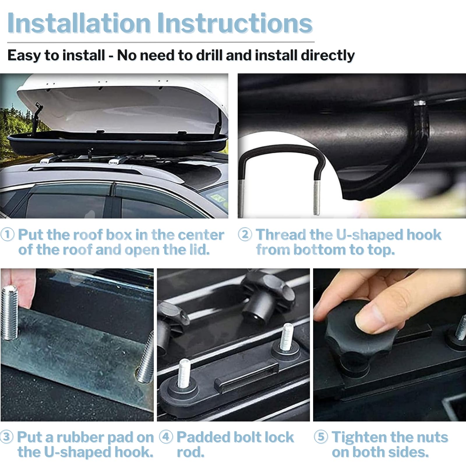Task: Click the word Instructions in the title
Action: pyautogui.click(x=235, y=23)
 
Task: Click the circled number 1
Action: pyautogui.click(x=7, y=234)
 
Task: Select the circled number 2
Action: pyautogui.click(x=245, y=234)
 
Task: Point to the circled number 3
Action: pyautogui.click(x=6, y=437)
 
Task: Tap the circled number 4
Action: pyautogui.click(x=166, y=437)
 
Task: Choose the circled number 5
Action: pyautogui.click(x=321, y=437)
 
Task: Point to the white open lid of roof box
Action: pyautogui.click(x=122, y=105)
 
